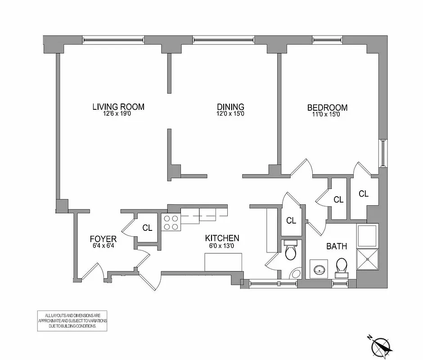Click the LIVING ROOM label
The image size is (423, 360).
pos(118,107)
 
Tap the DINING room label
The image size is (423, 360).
pos(230,107)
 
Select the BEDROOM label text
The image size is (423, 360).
pos(327,108)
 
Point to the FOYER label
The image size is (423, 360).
pos(103,238)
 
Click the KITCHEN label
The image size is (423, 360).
pos(222,238)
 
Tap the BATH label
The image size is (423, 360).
pos(336,246)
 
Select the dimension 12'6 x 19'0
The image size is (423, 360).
pos(118,114)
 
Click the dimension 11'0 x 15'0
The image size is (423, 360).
pos(327,114)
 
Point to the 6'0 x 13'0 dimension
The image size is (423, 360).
pos(222,246)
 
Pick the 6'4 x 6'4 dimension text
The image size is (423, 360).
pos(103,246)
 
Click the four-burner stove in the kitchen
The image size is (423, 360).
pos(171,222)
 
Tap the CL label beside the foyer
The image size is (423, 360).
pos(147,228)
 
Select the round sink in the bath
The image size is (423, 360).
pos(320,270)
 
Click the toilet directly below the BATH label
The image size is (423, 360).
pos(342,266)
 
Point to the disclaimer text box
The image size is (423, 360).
pos(72,321)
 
